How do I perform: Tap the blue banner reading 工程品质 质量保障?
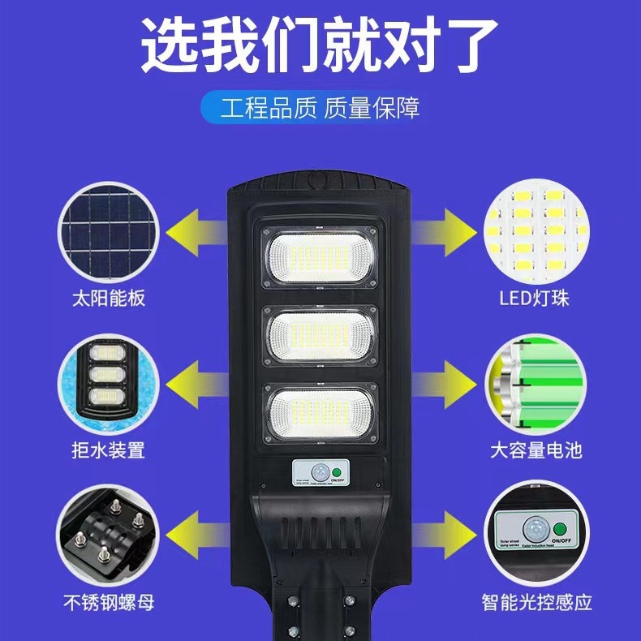tap(320, 108)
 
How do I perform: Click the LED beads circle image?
tap(536, 223)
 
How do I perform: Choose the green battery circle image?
tap(536, 376)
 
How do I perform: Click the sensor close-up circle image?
tap(536, 529)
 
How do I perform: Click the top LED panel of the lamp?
tap(320, 256)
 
